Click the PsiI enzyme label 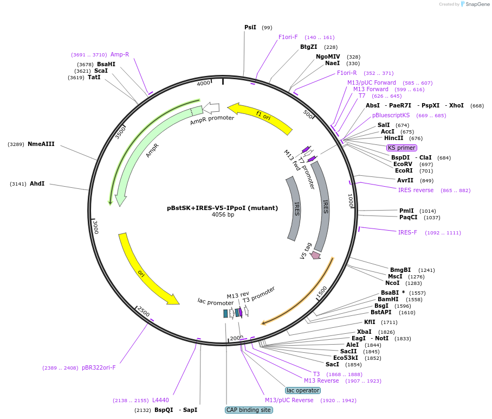point(250,27)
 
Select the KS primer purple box point(402,148)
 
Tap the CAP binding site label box point(249,410)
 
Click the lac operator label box point(303,390)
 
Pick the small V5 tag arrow point(315,254)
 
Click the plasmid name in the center point(223,207)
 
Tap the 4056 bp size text point(223,215)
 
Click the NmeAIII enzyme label point(41,144)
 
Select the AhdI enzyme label point(37,184)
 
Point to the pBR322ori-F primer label point(99,367)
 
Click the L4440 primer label point(160,400)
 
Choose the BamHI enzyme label point(388,299)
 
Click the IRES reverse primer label point(416,190)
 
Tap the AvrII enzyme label point(405,180)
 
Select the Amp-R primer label point(120,54)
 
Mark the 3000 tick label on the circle point(95,226)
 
